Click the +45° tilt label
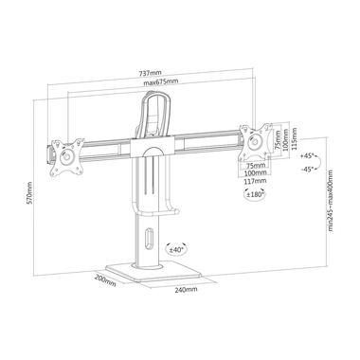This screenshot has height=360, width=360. [309, 156]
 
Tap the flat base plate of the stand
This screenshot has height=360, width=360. [156, 273]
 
